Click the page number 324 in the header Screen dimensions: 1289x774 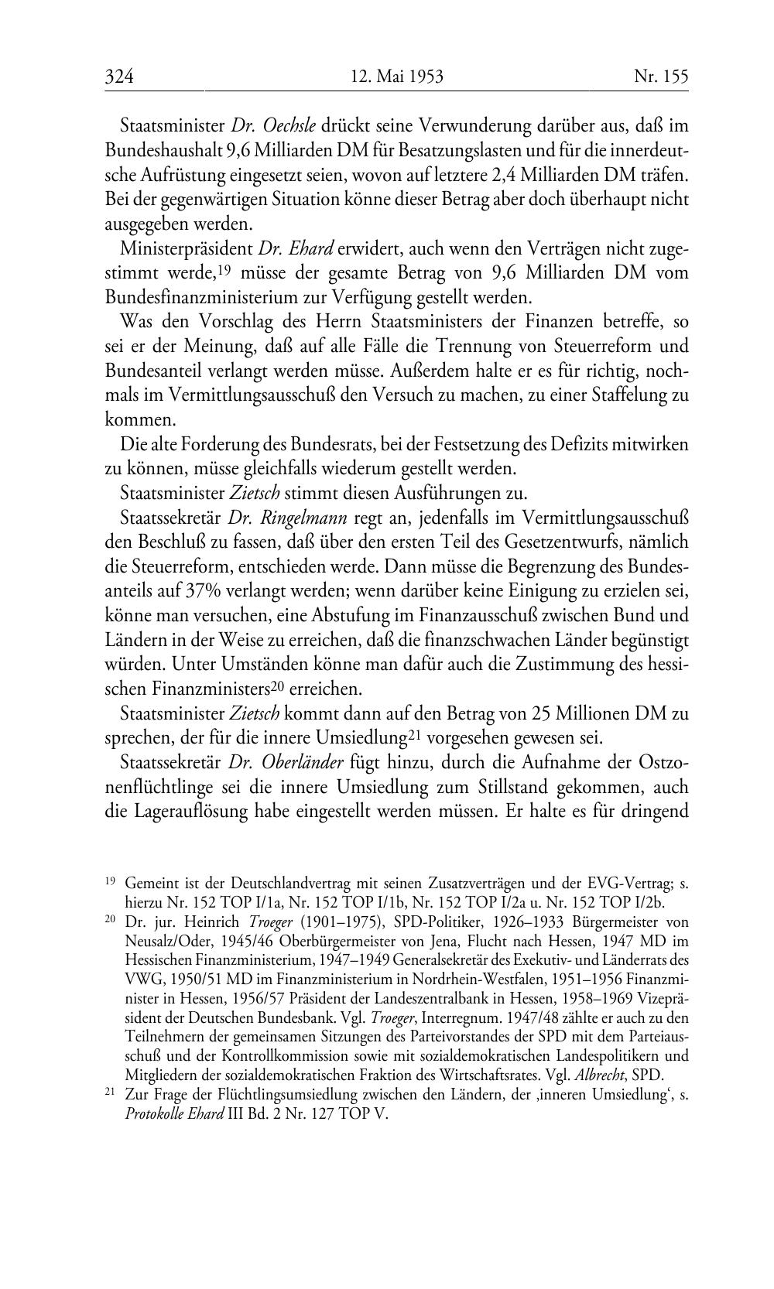120,77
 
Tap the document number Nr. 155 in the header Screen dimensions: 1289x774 660,77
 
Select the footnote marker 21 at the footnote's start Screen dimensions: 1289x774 110,1092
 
